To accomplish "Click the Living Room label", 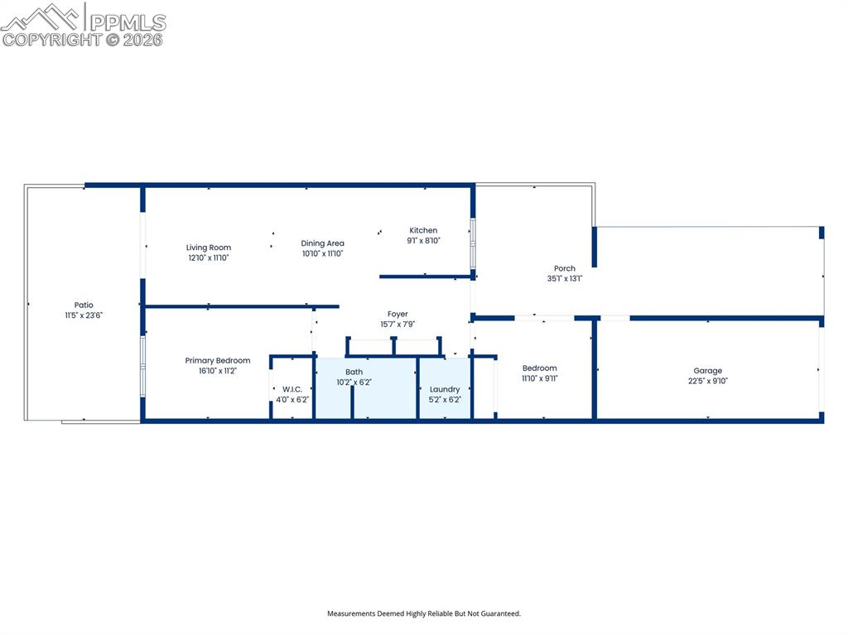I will pyautogui.click(x=208, y=248).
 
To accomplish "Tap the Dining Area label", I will pyautogui.click(x=322, y=243).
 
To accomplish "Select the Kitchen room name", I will pyautogui.click(x=423, y=230).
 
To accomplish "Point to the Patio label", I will pyautogui.click(x=84, y=305).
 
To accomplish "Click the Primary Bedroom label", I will pyautogui.click(x=217, y=361).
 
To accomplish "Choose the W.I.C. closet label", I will pyautogui.click(x=291, y=389).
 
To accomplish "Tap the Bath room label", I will pyautogui.click(x=354, y=373).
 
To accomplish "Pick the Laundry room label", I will pyautogui.click(x=445, y=389).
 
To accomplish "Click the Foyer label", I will pyautogui.click(x=397, y=315).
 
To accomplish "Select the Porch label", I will pyautogui.click(x=565, y=268).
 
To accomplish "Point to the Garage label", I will pyautogui.click(x=707, y=371).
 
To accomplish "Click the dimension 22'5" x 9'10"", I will pyautogui.click(x=707, y=382).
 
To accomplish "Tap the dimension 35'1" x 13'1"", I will pyautogui.click(x=565, y=279).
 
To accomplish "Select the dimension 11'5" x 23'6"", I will pyautogui.click(x=84, y=315).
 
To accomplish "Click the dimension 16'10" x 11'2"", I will pyautogui.click(x=217, y=371).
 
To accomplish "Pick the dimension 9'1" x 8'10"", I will pyautogui.click(x=423, y=241).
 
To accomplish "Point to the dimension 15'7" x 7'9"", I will pyautogui.click(x=397, y=325).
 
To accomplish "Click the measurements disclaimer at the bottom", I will pyautogui.click(x=423, y=613).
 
